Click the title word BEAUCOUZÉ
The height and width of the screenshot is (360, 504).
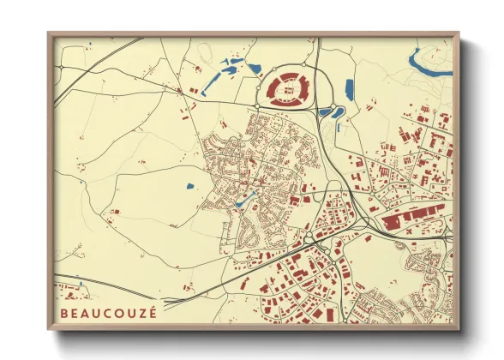(108, 313)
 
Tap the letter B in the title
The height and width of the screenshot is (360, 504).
(63, 313)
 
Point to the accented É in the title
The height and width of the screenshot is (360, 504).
(153, 312)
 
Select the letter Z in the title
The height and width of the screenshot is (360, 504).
(141, 313)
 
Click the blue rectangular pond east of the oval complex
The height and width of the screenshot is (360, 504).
(349, 87)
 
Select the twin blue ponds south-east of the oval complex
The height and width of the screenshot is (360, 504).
(331, 112)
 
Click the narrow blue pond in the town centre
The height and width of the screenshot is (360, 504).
(243, 201)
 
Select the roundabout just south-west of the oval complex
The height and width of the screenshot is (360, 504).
(256, 106)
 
